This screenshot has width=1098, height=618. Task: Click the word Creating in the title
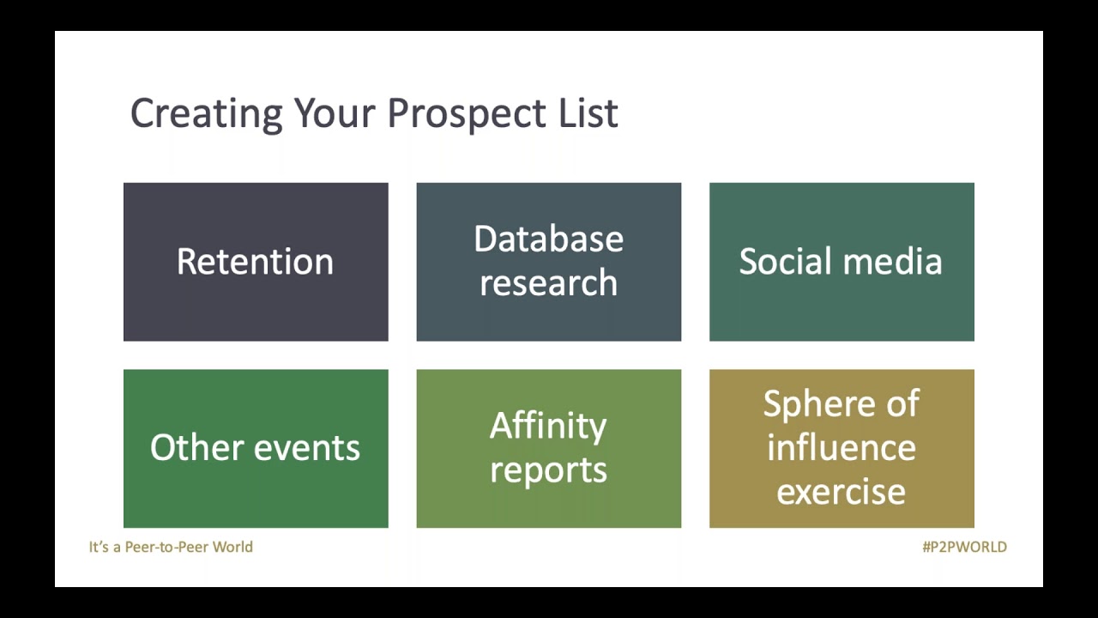click(x=206, y=114)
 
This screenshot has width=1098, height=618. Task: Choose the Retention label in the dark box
click(x=255, y=262)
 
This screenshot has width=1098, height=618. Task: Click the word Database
click(x=548, y=239)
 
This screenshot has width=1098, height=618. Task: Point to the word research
click(x=548, y=283)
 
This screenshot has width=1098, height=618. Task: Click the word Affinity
click(x=548, y=427)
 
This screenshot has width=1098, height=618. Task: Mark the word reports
click(x=548, y=470)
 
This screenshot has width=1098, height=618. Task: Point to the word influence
click(x=841, y=448)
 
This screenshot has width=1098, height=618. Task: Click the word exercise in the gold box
click(x=841, y=492)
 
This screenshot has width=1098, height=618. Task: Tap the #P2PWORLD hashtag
click(x=964, y=547)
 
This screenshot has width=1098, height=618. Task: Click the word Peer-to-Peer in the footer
click(x=166, y=547)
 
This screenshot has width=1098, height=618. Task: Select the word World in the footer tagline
click(x=233, y=547)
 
